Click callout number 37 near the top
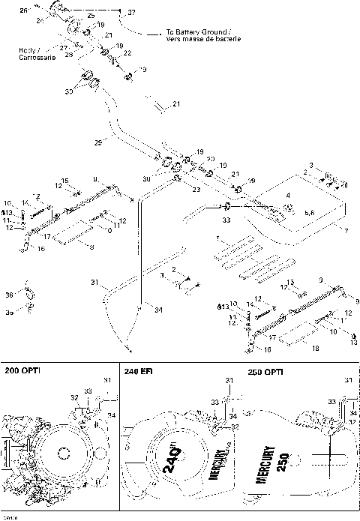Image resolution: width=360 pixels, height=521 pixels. click(x=132, y=13)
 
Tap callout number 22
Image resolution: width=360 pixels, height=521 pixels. click(x=127, y=52)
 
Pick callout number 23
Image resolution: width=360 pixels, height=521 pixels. click(x=196, y=190)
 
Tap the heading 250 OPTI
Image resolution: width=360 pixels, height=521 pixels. click(x=265, y=371)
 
